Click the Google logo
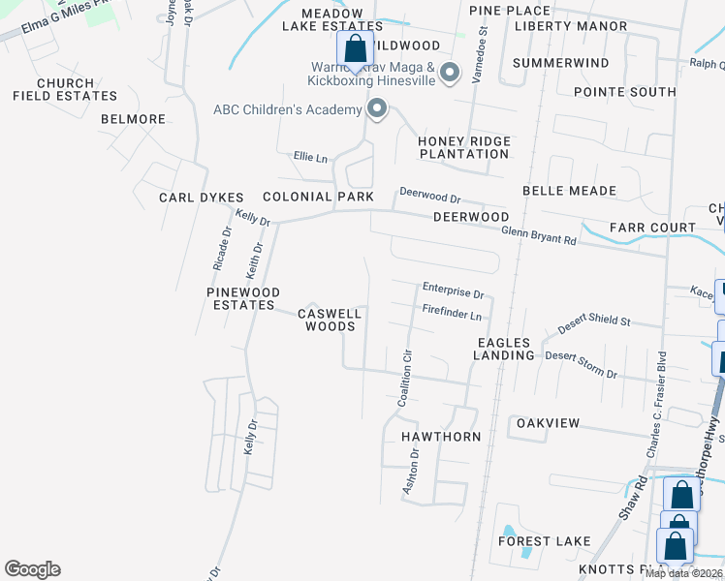[32, 569]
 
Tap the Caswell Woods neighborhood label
[330, 320]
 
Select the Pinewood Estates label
[242, 298]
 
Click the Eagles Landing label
[504, 349]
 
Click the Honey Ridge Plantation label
[464, 148]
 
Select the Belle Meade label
[563, 191]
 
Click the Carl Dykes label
[202, 198]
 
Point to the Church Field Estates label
[65, 90]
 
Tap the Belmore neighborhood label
[133, 119]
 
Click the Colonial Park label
[317, 197]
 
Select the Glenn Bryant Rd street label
[539, 233]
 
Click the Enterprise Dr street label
[453, 290]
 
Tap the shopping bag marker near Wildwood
[356, 50]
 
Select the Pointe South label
[624, 92]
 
